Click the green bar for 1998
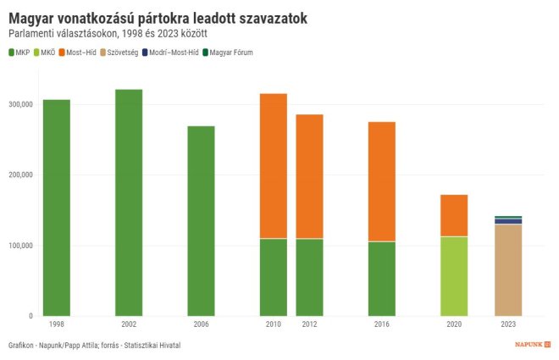57,208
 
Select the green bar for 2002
129,202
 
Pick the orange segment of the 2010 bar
273,166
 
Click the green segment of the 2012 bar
309,277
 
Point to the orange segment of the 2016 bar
381,182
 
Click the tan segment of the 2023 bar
508,270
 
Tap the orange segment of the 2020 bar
454,215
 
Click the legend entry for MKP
19,53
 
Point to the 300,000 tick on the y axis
19,104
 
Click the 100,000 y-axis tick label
19,246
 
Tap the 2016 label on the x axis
381,324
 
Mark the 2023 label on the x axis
508,324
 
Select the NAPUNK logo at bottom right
533,345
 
